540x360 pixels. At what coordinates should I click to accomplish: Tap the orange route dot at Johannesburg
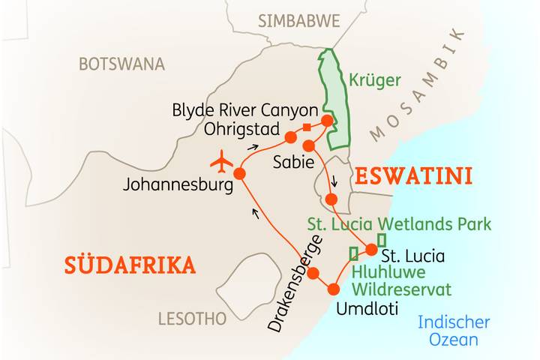(x=240, y=173)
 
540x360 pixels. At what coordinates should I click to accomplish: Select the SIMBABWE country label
(x=298, y=21)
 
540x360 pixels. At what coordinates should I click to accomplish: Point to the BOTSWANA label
(x=121, y=64)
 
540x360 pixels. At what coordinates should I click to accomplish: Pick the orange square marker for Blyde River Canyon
(x=307, y=127)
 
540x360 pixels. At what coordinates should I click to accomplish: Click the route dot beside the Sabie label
(x=308, y=145)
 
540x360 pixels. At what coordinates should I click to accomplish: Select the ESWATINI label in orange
(x=413, y=177)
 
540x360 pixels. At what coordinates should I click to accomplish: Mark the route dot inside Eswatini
(x=332, y=199)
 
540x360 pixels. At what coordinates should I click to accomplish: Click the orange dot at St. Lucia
(x=372, y=250)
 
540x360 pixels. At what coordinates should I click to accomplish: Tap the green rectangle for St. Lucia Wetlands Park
(x=382, y=240)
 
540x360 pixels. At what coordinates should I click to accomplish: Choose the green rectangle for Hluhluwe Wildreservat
(x=353, y=253)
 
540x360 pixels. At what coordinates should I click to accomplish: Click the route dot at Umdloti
(x=334, y=289)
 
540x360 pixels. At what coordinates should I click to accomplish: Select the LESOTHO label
(x=192, y=319)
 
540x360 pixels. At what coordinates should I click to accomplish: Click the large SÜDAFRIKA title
(x=130, y=265)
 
